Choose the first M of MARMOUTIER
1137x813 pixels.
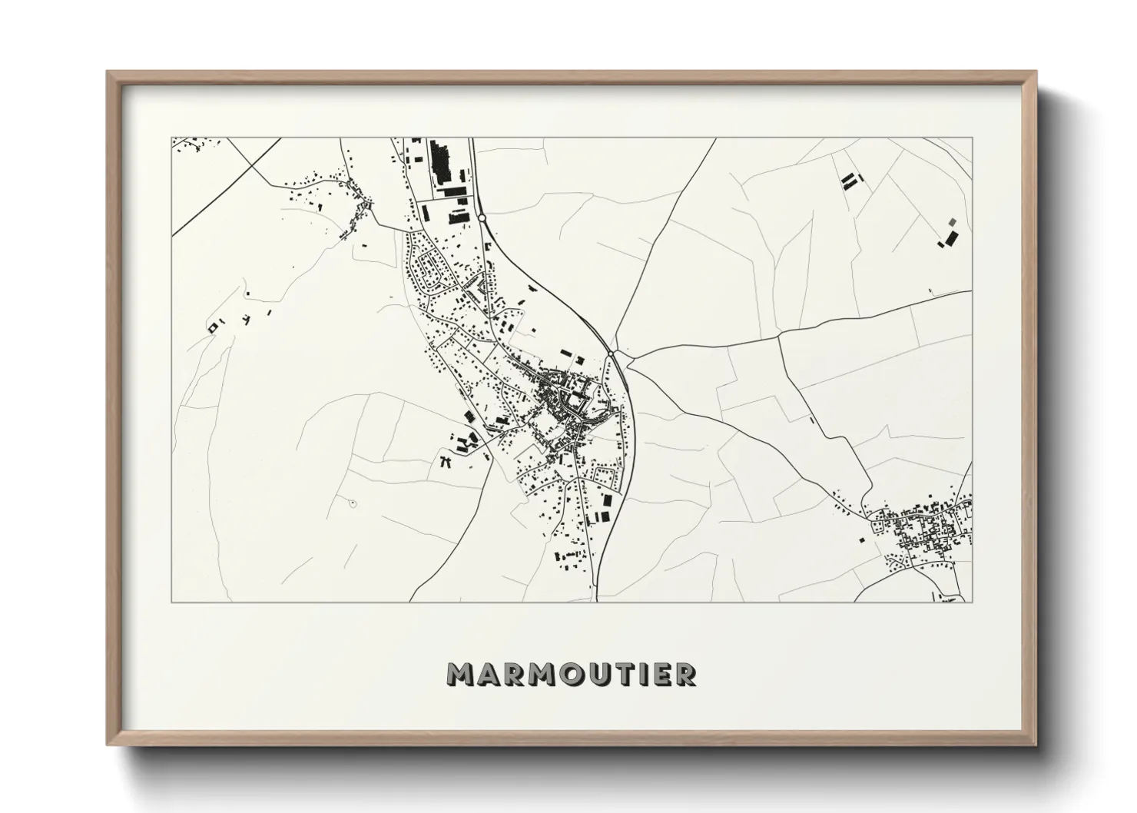click(461, 674)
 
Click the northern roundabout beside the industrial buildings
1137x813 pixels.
click(482, 218)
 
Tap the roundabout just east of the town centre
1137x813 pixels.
click(611, 353)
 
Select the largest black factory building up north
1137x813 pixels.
click(440, 161)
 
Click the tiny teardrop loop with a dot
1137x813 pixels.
click(353, 503)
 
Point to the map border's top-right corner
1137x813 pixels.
click(972, 138)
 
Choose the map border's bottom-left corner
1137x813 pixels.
click(172, 602)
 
